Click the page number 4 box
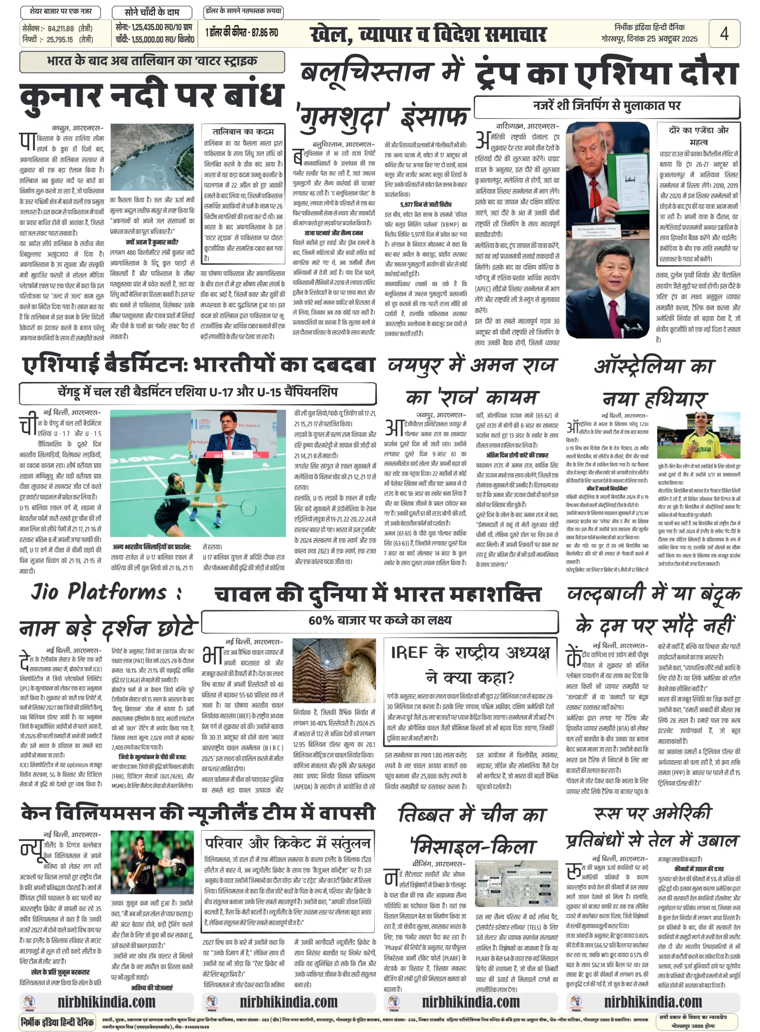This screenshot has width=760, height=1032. (724, 33)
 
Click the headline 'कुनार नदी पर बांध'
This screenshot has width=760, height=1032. (152, 96)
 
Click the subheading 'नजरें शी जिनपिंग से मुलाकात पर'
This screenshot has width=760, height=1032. (606, 106)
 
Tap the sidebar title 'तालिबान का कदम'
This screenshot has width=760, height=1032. (243, 131)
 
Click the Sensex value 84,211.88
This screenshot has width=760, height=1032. (61, 29)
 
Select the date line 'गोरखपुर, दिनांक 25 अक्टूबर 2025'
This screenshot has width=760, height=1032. (649, 39)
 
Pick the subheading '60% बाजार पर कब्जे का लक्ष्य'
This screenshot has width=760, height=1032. (380, 620)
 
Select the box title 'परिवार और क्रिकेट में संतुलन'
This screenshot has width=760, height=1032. (288, 843)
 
